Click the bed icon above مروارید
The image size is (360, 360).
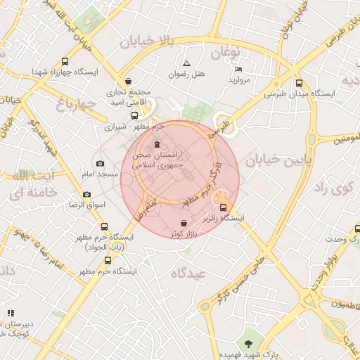(238, 69)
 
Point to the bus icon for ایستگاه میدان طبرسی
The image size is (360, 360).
(300, 82)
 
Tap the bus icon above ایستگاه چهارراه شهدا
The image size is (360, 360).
(65, 61)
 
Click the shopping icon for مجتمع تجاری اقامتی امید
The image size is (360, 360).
(127, 81)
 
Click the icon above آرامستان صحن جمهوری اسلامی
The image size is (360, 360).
(156, 145)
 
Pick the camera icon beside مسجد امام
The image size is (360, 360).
(99, 163)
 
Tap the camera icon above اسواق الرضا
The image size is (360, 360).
(86, 194)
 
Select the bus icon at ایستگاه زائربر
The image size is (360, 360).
(224, 207)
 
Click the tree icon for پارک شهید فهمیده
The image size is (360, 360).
(247, 343)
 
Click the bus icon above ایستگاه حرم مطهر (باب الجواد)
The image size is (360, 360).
(105, 226)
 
